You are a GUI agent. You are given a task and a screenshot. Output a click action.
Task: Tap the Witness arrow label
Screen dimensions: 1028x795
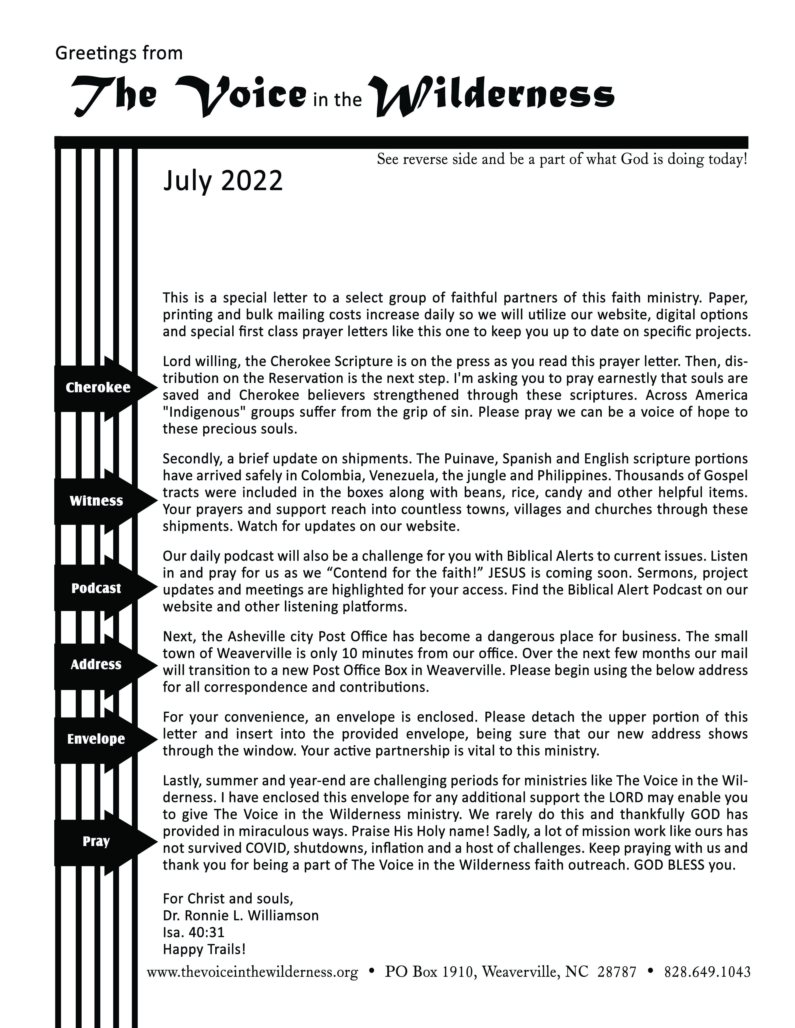click(97, 501)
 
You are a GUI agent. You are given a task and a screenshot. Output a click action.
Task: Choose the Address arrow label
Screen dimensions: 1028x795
click(96, 665)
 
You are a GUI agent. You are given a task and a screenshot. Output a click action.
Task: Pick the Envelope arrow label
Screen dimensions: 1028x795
click(96, 739)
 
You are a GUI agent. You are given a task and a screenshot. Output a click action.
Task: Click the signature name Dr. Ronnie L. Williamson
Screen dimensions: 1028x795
click(241, 915)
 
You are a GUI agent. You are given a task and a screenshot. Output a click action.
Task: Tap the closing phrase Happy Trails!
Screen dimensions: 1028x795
click(204, 949)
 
